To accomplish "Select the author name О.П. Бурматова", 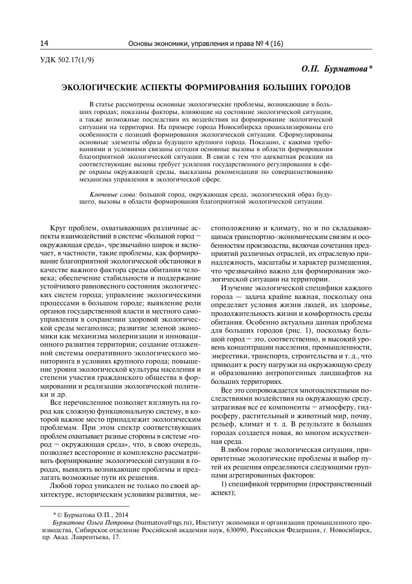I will pos(336,69).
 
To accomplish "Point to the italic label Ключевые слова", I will pos(113,193).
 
